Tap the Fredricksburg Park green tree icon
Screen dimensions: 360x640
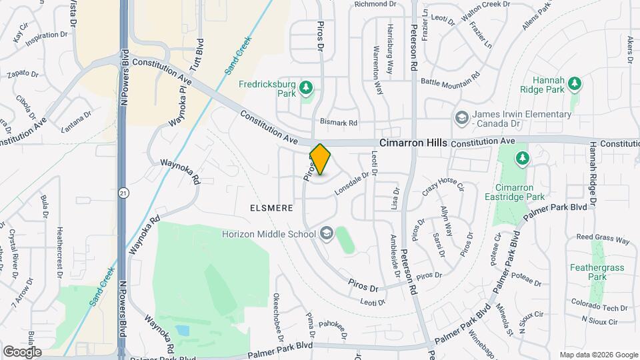click(x=306, y=87)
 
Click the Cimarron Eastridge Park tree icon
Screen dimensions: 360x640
click(x=522, y=158)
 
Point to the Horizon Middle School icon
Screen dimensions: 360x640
click(x=326, y=233)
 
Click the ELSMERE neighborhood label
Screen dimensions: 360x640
click(x=271, y=208)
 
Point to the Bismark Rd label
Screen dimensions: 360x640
click(x=339, y=123)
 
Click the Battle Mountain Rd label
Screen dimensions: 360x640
click(x=450, y=81)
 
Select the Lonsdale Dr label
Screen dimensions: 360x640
click(x=351, y=183)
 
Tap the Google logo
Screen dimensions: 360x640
click(x=22, y=351)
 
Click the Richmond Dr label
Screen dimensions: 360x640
click(x=375, y=4)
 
